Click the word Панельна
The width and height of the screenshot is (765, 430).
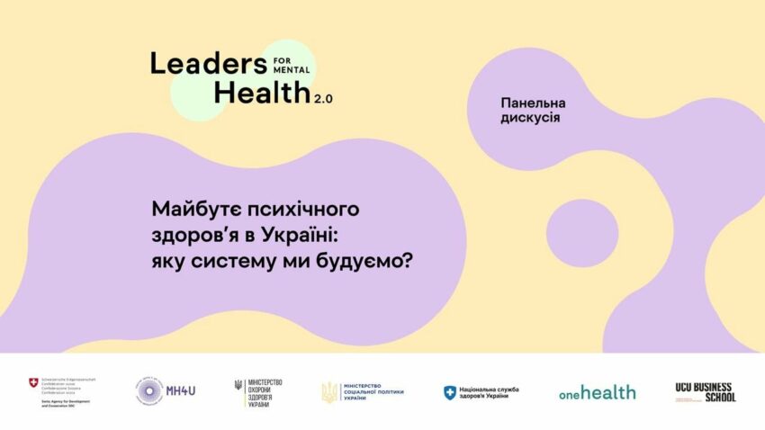(x=539, y=103)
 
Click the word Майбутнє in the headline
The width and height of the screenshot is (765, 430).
(x=203, y=210)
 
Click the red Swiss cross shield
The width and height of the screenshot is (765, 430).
(x=33, y=384)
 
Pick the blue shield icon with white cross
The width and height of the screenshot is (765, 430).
(x=450, y=393)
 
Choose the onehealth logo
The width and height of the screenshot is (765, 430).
(x=597, y=393)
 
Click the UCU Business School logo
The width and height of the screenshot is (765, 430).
(x=706, y=392)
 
